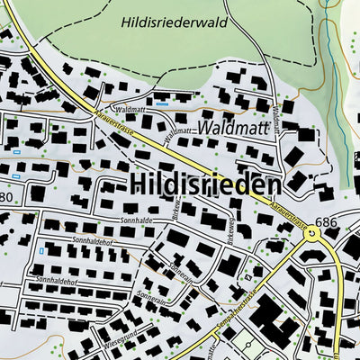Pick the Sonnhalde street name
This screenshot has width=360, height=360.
click(135, 220)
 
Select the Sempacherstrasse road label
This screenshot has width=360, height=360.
click(238, 306)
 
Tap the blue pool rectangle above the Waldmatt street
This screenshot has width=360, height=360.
click(161, 103)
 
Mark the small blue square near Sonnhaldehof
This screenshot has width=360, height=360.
click(41, 251)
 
